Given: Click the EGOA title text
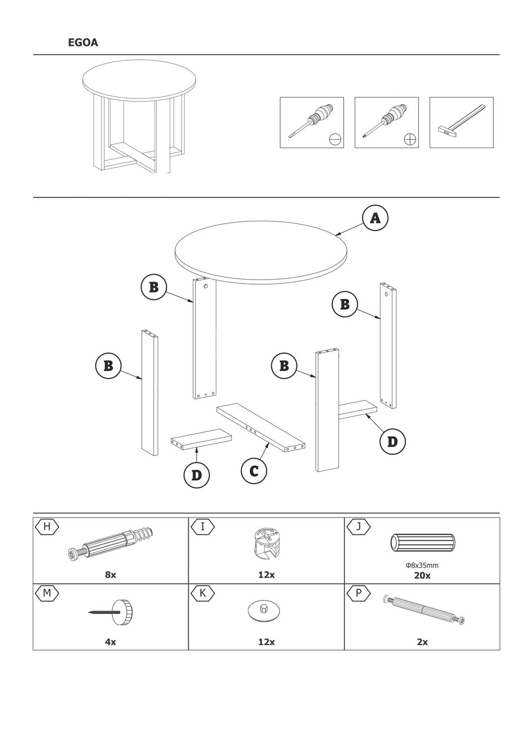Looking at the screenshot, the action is point(83,42).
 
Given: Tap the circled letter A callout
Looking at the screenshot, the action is point(375,218).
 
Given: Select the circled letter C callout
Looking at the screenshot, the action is point(254,471).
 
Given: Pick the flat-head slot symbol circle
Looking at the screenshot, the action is point(335,139).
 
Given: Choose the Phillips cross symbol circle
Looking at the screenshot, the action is point(410,139).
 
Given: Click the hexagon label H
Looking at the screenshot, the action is point(47,527).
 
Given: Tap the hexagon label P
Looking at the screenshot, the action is point(358,593).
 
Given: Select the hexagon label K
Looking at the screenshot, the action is point(203,593).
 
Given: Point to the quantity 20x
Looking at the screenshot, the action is point(422,576).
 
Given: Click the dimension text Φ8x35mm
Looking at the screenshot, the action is point(422,565).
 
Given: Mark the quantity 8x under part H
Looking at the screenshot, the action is point(110,575).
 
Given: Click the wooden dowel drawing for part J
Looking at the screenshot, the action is point(423,542).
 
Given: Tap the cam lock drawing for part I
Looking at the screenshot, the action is point(267,544).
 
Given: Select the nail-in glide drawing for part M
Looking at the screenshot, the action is point(111,612).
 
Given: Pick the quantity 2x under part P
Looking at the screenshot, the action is point(422,642).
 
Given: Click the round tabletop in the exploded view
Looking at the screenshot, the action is point(260,252).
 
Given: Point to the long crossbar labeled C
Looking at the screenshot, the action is point(261,428).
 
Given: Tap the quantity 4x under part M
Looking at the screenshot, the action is point(110,642).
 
